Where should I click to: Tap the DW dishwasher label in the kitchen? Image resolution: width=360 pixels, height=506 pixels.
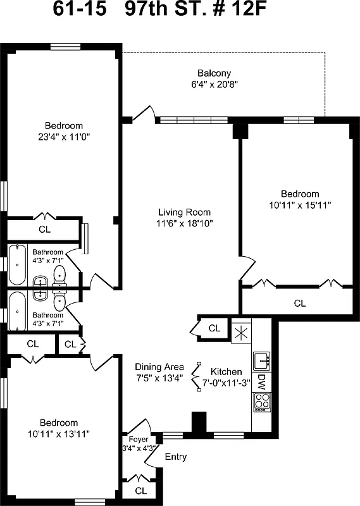(x=261, y=381)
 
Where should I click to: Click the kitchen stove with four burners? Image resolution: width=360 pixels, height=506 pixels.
(x=261, y=402)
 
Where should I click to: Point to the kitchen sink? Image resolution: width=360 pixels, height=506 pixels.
(x=261, y=361)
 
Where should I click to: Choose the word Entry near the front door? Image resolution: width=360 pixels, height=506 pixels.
(x=175, y=457)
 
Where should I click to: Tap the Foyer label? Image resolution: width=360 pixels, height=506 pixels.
(x=138, y=439)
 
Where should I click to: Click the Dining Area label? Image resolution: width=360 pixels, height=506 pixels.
(x=159, y=367)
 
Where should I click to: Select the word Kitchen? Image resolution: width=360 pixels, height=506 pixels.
(x=226, y=371)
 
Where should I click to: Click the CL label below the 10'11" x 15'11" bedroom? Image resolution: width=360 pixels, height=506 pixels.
(x=300, y=303)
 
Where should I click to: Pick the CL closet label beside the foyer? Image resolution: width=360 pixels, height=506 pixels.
(x=140, y=490)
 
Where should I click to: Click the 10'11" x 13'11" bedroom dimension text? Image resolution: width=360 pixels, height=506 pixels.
(x=59, y=434)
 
